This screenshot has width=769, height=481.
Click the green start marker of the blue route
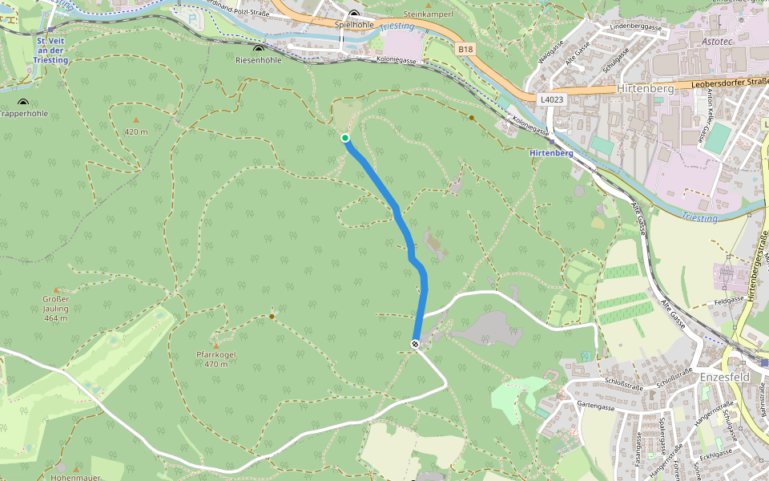click(x=345, y=138)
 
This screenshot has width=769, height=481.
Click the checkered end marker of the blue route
click(x=415, y=344)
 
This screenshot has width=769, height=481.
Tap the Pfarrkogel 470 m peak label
click(x=216, y=359)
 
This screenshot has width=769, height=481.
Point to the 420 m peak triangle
click(x=135, y=120)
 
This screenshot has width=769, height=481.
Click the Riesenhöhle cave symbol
click(x=258, y=50)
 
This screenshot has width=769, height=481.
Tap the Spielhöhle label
click(x=353, y=25)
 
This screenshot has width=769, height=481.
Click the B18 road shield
click(x=466, y=50)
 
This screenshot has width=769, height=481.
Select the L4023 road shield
click(x=552, y=99)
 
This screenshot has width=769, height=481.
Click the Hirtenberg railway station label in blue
click(x=551, y=152)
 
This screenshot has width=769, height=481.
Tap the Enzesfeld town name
click(x=723, y=376)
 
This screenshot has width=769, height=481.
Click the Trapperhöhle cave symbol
click(x=22, y=103)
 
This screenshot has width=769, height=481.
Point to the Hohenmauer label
click(x=75, y=478)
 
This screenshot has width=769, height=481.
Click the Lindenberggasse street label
click(x=635, y=27)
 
